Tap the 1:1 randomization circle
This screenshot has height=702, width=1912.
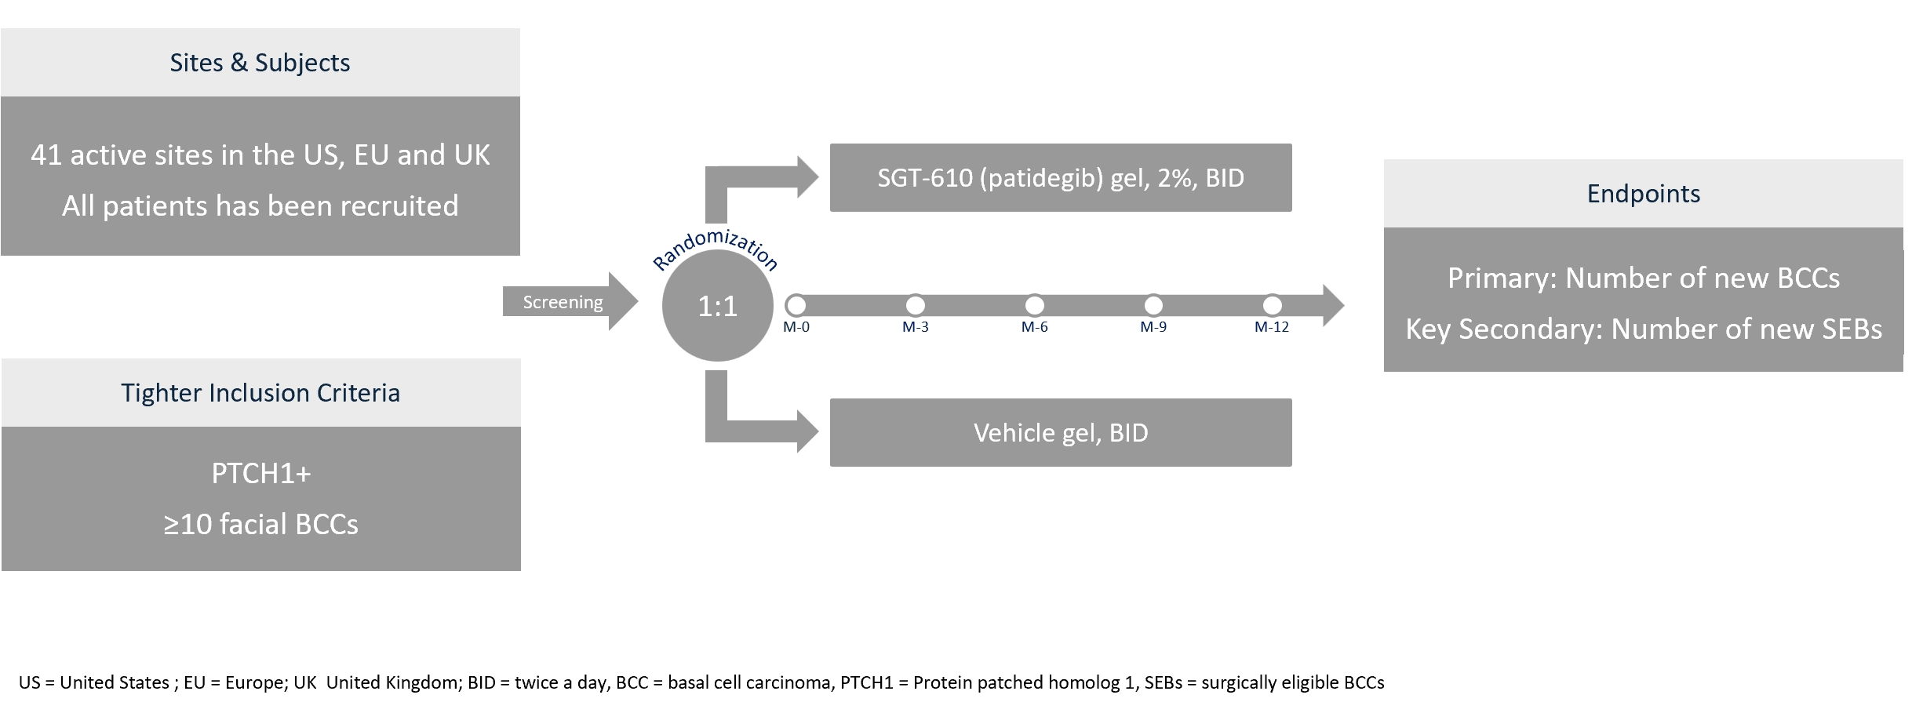(x=717, y=306)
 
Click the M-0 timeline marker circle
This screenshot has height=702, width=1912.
(x=796, y=304)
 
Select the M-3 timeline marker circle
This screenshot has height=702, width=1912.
(x=915, y=304)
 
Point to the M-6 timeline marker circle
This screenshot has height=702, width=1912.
(x=1034, y=304)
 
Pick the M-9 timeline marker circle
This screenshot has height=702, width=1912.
(x=1153, y=304)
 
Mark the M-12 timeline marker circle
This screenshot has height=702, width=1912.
(x=1272, y=304)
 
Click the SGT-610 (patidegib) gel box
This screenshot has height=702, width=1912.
(x=1060, y=177)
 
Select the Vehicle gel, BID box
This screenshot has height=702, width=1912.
(x=1060, y=433)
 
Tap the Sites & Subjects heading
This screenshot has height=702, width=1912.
(x=260, y=63)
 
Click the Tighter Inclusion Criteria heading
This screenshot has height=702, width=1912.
(x=260, y=393)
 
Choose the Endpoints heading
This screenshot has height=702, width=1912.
(x=1643, y=194)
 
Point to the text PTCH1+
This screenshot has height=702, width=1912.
(x=260, y=474)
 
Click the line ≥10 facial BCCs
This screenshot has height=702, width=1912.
(x=260, y=524)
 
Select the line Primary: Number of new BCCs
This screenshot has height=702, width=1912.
(x=1643, y=278)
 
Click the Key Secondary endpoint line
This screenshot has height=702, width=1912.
(x=1643, y=329)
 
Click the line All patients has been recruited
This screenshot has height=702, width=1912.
(x=260, y=206)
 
